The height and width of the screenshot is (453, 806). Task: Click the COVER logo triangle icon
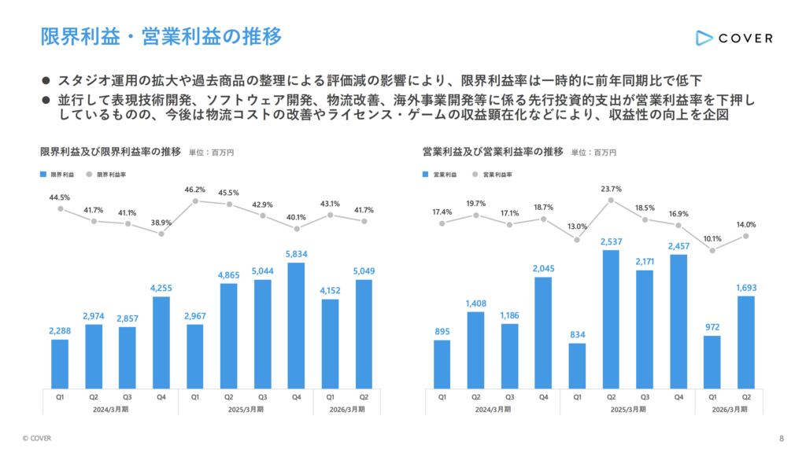pos(704,38)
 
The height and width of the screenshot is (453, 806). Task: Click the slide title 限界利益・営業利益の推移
pos(161,36)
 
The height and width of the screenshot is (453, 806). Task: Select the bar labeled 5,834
pos(296,326)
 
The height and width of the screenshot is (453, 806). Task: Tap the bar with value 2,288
pos(60,364)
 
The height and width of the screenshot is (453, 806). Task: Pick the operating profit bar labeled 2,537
pos(611,319)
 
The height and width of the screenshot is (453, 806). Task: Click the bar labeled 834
pos(577,366)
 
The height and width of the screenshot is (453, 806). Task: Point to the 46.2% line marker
pos(195,201)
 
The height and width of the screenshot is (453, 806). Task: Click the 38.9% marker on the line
pos(161,234)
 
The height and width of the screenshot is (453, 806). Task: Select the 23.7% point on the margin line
pos(611,201)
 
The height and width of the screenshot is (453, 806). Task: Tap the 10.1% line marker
pos(712,251)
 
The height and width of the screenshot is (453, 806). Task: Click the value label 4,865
pos(229,275)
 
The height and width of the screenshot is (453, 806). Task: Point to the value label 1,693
pos(746,288)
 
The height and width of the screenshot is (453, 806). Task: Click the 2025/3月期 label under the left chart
pos(246,409)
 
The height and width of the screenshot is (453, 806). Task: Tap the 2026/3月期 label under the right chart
pos(730,409)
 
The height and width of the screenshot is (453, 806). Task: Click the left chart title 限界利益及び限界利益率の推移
pos(110,152)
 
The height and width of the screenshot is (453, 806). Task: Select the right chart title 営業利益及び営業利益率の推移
pos(493,152)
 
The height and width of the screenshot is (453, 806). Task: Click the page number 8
pos(782,438)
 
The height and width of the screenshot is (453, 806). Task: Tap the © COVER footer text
pos(37,438)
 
